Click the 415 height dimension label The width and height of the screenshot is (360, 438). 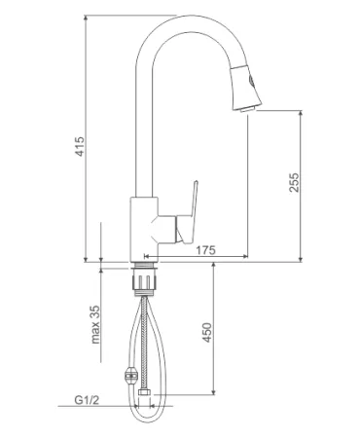pos(80,146)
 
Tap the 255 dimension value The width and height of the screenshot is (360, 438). pos(295,182)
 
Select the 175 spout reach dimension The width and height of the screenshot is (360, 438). pos(205,250)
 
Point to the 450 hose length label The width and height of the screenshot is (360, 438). pos(207,332)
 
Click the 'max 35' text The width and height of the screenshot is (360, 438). pos(95,325)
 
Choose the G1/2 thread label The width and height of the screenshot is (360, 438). pos(87,400)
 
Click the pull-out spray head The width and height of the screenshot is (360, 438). pos(246,88)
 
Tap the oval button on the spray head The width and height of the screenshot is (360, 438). pos(252,81)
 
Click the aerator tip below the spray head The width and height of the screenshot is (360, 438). pos(248,110)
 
